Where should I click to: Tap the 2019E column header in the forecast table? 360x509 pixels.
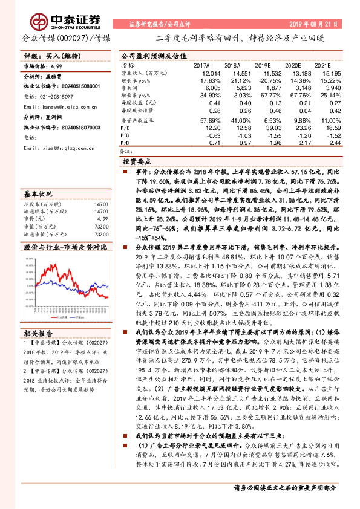click(x=262, y=65)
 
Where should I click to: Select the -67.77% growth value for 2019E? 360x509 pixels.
click(x=261, y=96)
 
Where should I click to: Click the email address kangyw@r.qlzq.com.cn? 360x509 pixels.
click(x=55, y=106)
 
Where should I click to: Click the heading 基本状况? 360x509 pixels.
click(x=39, y=195)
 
